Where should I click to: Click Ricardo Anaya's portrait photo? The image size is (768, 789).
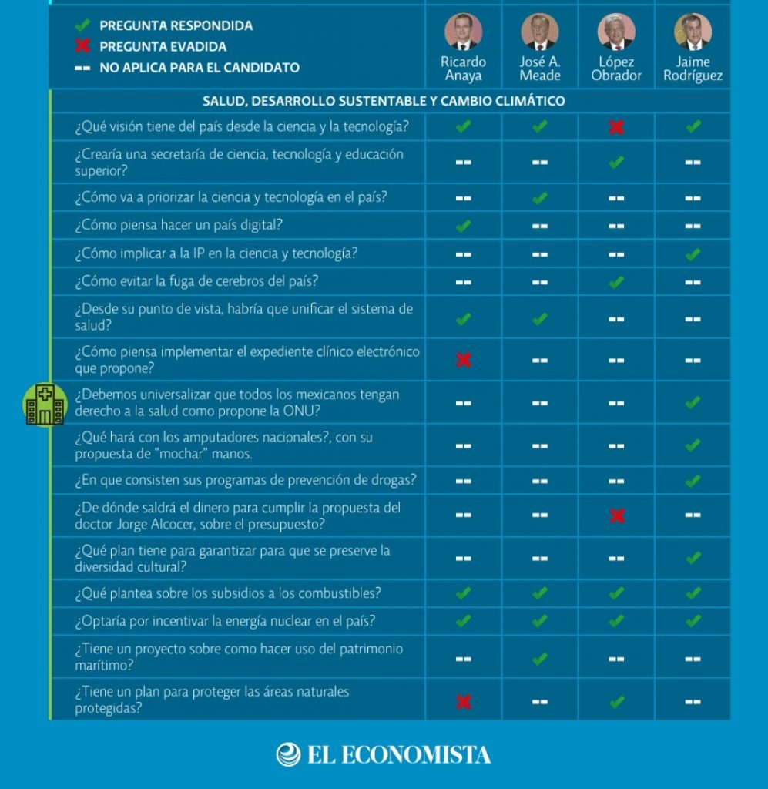point(463,32)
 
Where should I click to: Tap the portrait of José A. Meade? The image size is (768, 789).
point(539,32)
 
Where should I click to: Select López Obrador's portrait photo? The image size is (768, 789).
point(616,32)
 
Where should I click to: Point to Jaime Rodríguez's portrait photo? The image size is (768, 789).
point(693,32)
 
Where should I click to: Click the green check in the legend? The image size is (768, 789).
point(82,26)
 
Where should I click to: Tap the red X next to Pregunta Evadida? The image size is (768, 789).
point(82,46)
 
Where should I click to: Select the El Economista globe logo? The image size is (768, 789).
point(288,754)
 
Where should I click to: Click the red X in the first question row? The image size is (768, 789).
point(616,127)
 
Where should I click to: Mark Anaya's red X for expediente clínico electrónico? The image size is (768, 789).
point(463,360)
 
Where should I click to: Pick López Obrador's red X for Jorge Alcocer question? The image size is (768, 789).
point(616,515)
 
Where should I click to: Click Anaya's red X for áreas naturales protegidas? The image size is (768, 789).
point(463,701)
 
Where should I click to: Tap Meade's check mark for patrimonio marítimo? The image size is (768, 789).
point(540,659)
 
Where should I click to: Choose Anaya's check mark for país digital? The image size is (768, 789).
point(463,226)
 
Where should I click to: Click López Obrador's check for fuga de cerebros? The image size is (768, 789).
point(616,282)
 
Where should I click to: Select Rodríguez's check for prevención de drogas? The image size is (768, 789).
point(693,481)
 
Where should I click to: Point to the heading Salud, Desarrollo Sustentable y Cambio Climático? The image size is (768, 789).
point(383,101)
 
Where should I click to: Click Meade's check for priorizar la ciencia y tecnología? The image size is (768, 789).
point(540,198)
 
